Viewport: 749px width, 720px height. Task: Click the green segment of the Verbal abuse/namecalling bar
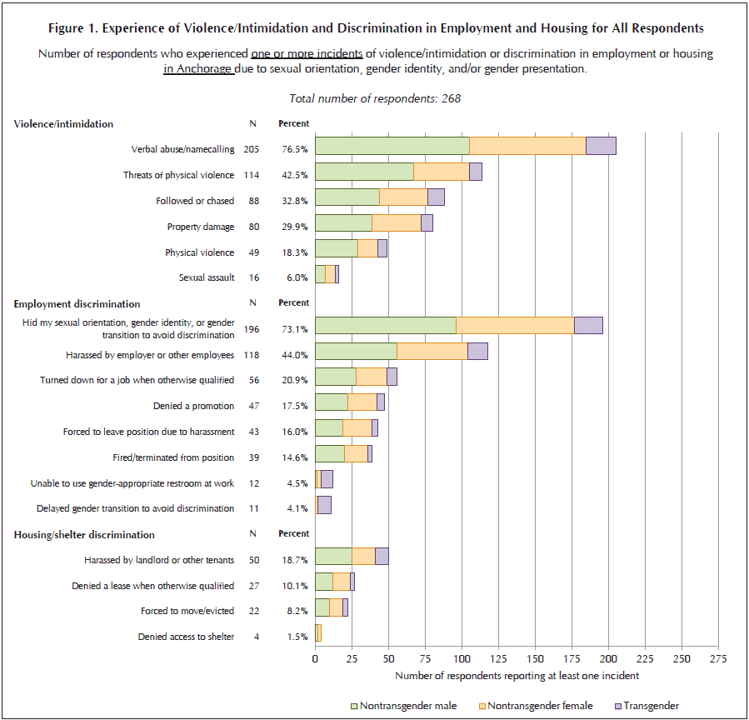point(392,146)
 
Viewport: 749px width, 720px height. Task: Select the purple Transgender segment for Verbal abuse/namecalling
point(601,146)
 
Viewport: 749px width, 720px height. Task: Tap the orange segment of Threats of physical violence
point(442,172)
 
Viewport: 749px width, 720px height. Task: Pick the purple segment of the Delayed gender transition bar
point(324,505)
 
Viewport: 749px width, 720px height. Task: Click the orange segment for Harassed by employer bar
point(432,351)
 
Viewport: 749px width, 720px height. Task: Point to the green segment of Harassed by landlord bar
point(333,556)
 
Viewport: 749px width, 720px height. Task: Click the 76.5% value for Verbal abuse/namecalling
point(295,149)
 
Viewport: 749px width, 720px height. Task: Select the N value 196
point(252,329)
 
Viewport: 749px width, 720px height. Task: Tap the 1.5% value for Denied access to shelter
point(297,637)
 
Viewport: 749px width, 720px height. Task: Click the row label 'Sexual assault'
point(207,277)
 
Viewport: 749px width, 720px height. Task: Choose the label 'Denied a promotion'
point(193,406)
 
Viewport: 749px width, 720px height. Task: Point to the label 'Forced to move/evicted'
point(187,611)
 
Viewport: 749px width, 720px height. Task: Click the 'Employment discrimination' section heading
point(77,304)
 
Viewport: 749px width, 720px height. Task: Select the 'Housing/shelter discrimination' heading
point(84,535)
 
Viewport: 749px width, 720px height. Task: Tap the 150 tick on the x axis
point(535,659)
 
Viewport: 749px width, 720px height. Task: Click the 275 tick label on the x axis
point(718,659)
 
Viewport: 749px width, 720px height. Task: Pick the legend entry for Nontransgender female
point(536,706)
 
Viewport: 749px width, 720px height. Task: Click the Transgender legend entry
point(647,706)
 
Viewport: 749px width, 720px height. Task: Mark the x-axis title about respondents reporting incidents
point(517,676)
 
